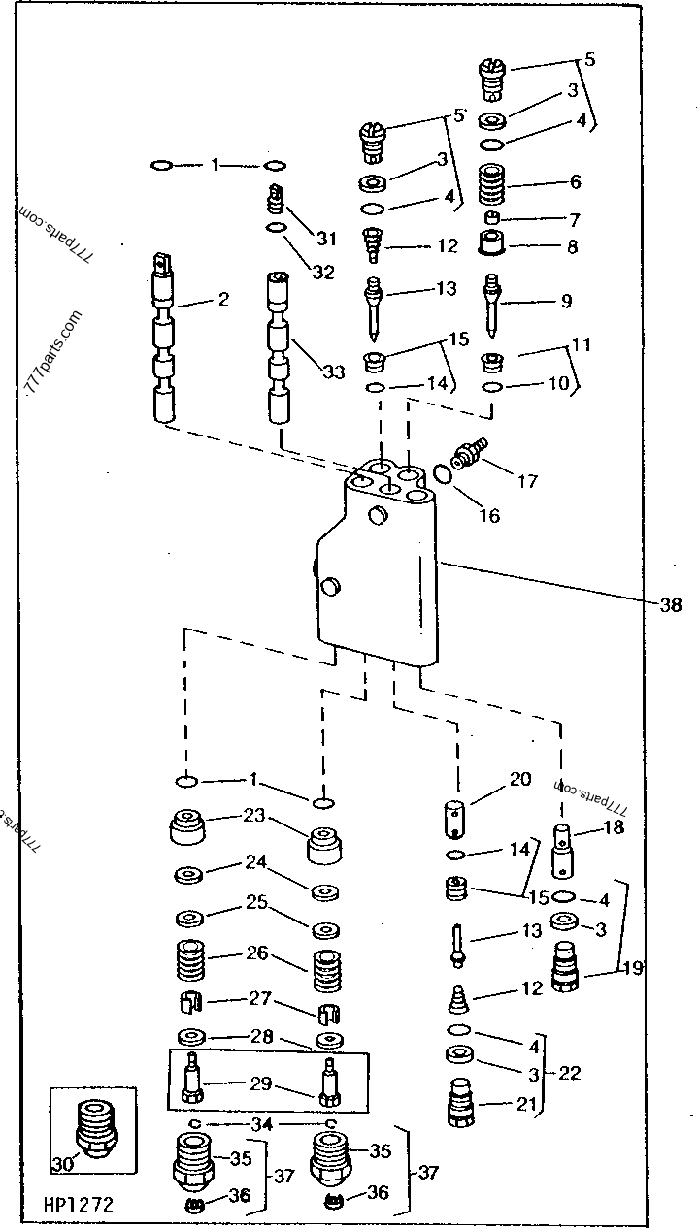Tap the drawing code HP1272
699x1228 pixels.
(77, 1206)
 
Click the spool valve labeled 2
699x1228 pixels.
(163, 339)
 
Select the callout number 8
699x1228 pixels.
(572, 247)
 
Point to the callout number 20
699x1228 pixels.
(520, 778)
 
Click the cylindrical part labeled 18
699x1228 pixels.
(564, 848)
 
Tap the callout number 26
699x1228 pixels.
(256, 953)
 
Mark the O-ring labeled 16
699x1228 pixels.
(442, 474)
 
